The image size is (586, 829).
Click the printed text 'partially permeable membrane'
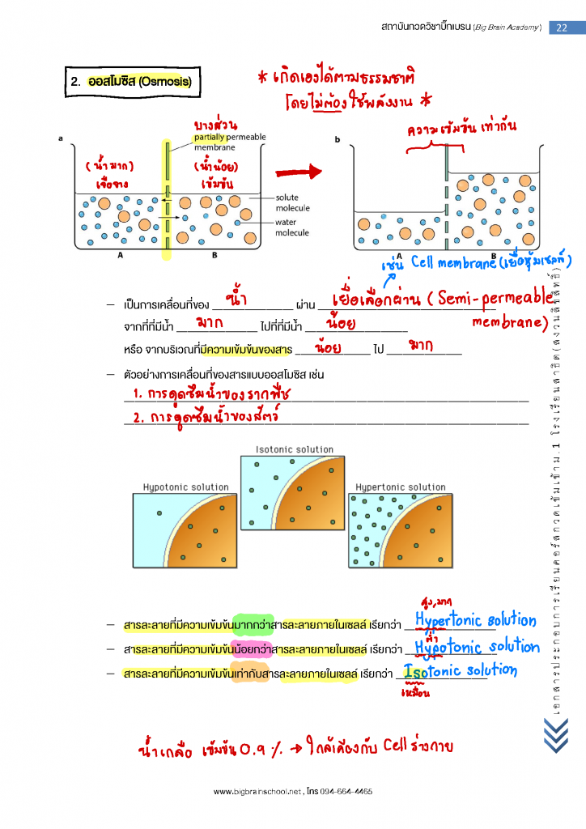coord(229,142)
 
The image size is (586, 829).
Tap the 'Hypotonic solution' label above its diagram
coord(185,487)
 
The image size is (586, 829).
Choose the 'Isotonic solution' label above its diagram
coord(294,449)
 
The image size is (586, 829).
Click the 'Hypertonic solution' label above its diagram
coord(401,487)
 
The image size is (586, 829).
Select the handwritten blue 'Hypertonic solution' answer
coord(475,621)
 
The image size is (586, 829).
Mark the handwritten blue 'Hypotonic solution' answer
coord(476,647)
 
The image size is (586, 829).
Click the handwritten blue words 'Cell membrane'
coord(452,263)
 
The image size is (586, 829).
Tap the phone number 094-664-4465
coord(346,791)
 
